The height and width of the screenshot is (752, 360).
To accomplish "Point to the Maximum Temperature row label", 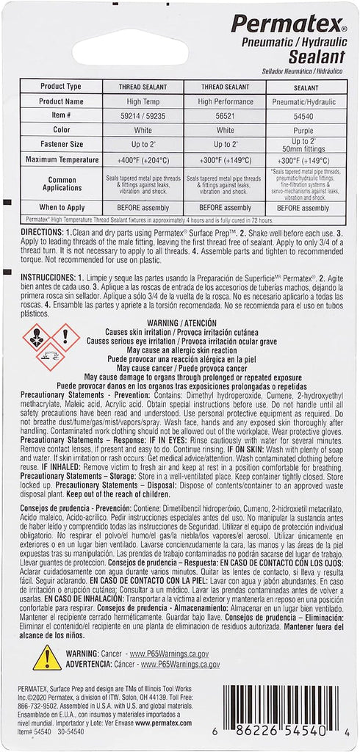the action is [x=62, y=159].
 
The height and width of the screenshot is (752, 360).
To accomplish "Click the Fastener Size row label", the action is [x=62, y=144].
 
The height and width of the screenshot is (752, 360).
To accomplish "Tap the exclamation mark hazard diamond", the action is [x=66, y=337].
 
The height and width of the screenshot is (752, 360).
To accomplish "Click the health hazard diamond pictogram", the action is [x=36, y=337].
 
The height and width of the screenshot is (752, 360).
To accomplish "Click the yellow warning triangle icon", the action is [x=46, y=657].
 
